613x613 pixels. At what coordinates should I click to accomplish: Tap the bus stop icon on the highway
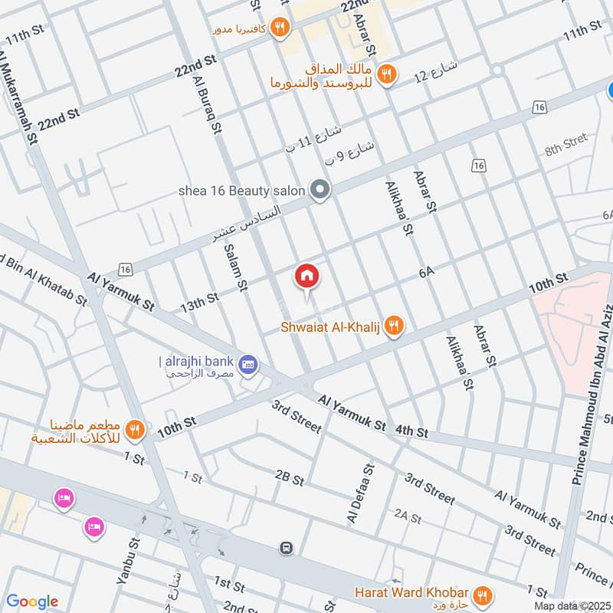click(287, 548)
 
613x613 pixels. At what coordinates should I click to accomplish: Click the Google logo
click(32, 602)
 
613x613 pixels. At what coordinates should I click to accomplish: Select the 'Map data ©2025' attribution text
click(572, 605)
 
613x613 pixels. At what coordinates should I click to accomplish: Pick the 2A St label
click(408, 517)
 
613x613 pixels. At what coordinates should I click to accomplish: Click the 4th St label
click(411, 432)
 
